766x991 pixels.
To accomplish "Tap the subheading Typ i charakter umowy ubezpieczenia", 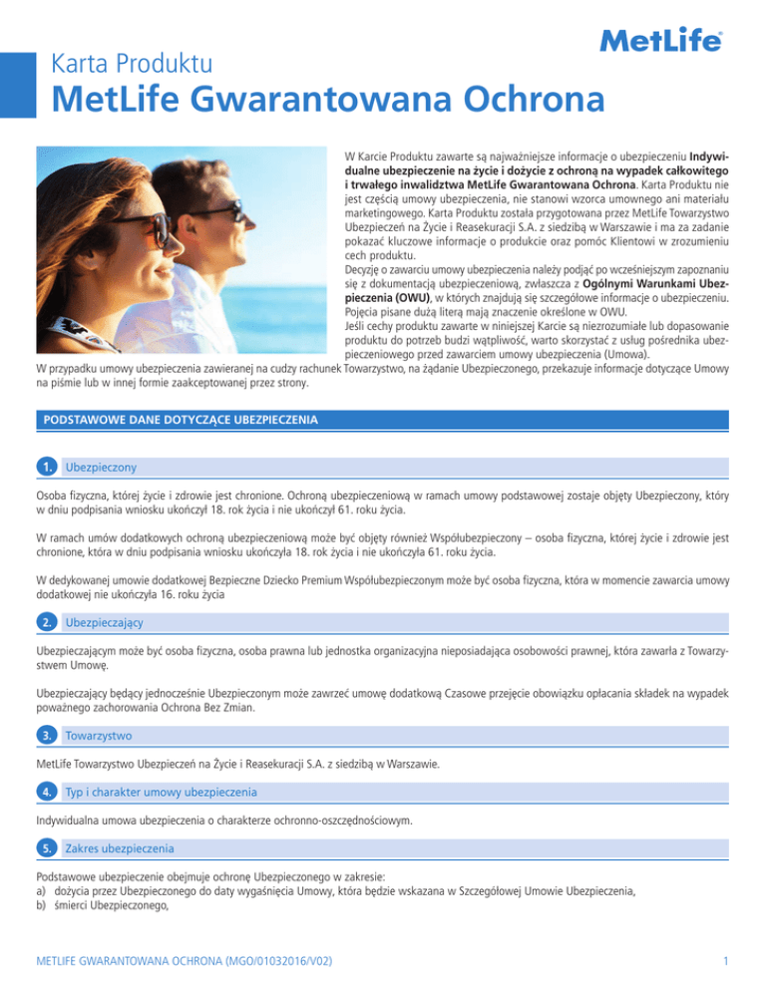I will [161, 792].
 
